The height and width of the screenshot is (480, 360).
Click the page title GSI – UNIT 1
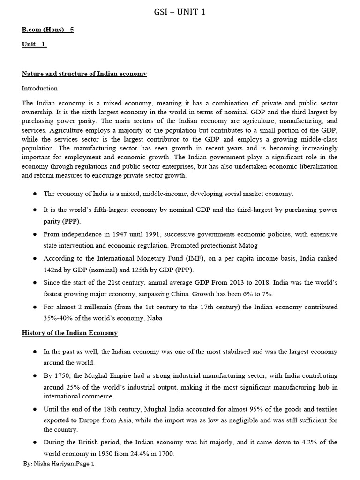pyautogui.click(x=180, y=12)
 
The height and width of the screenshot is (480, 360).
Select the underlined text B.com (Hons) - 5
pyautogui.click(x=47, y=30)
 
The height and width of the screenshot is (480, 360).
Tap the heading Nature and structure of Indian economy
pyautogui.click(x=84, y=74)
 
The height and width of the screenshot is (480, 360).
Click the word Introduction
pyautogui.click(x=40, y=88)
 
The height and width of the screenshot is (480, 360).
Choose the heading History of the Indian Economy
pyautogui.click(x=70, y=333)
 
